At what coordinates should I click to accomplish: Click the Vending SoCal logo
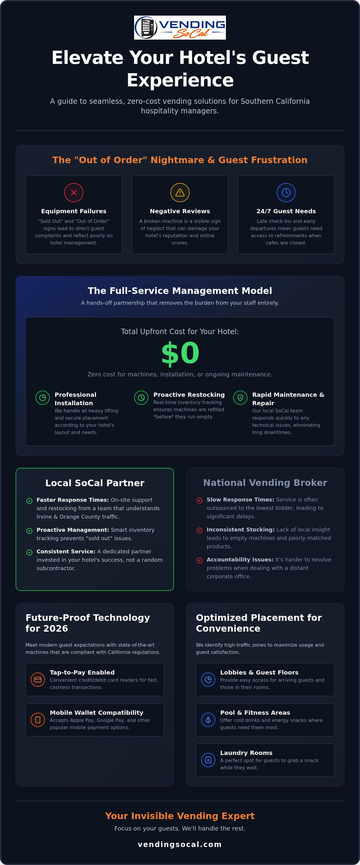point(180,28)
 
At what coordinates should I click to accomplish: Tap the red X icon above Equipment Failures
point(74,193)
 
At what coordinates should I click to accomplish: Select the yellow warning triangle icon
point(180,193)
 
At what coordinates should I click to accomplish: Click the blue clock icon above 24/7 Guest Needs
point(286,193)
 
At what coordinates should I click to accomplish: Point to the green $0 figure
point(180,353)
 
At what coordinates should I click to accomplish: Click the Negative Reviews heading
point(180,211)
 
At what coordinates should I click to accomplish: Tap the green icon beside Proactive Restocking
point(141,398)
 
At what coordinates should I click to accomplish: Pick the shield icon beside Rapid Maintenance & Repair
point(240,398)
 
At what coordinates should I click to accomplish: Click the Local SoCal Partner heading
point(95,483)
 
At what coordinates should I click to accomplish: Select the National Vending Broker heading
point(265,483)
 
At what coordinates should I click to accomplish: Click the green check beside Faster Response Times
point(29,501)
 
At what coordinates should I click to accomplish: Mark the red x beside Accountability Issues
point(199,560)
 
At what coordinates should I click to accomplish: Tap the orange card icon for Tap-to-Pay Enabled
point(37,679)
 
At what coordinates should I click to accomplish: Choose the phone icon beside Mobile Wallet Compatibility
point(37,720)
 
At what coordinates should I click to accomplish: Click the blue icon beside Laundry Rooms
point(208,760)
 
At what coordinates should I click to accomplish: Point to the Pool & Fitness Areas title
point(255,713)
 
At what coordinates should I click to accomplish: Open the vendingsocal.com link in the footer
point(180,844)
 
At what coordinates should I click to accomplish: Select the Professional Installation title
point(76,399)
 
